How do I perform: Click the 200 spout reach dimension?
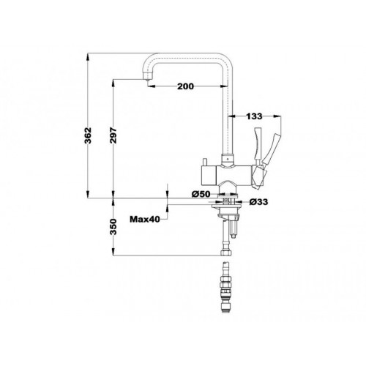pos(185,86)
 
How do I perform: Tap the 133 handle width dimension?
pos(254,116)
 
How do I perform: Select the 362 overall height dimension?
pos(88,135)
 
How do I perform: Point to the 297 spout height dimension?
pos(113,135)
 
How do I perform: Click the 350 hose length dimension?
pos(113,227)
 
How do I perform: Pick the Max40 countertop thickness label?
pos(145,219)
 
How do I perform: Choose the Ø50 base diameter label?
pos(201,194)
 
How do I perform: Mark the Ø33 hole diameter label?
pos(258,202)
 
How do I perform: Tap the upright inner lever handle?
pos(258,146)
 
